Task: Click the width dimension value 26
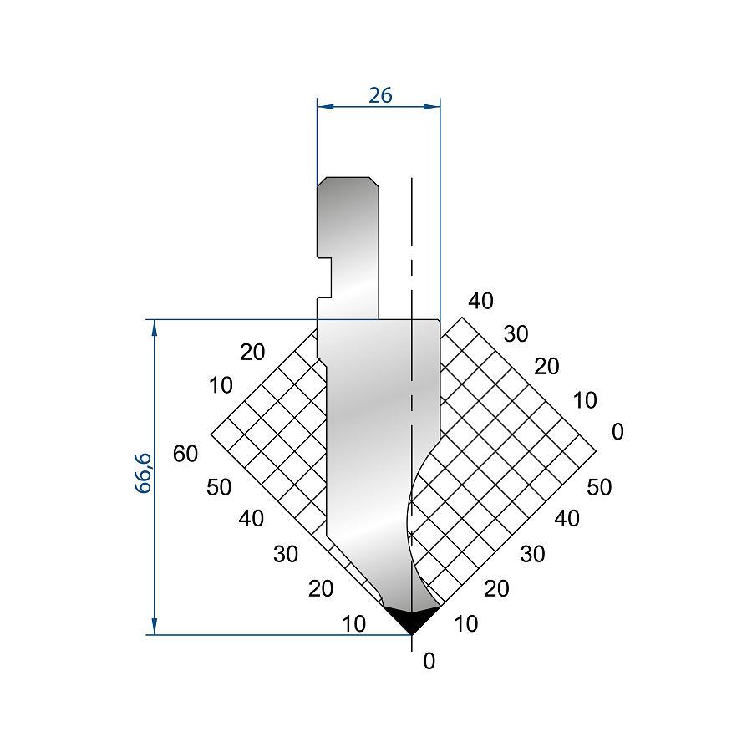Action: click(380, 95)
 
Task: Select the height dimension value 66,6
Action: click(143, 473)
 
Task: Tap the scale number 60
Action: click(185, 454)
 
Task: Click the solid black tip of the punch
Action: click(411, 619)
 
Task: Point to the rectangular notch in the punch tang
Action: click(324, 277)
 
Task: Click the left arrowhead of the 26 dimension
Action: click(325, 106)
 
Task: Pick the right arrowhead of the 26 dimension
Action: click(432, 106)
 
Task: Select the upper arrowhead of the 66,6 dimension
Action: click(155, 328)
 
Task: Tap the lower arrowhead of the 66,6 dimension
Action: click(155, 626)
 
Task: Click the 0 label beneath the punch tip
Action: click(429, 662)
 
